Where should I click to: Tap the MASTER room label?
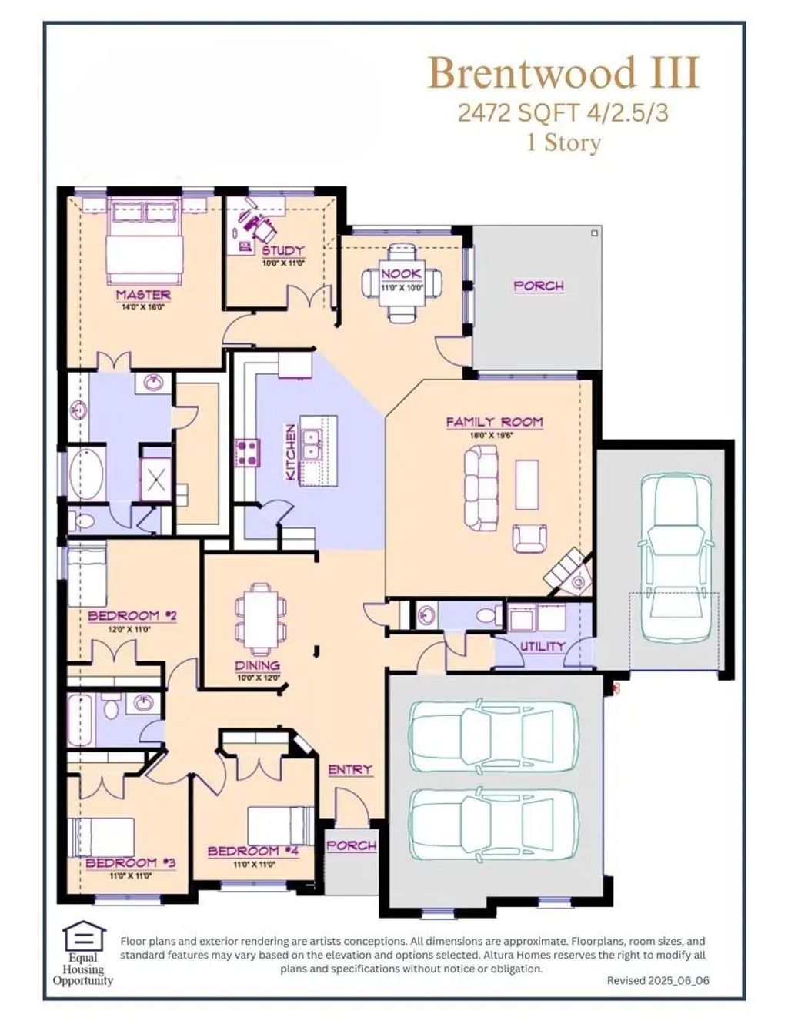(143, 295)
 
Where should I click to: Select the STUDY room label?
(282, 250)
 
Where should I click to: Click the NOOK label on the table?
(402, 273)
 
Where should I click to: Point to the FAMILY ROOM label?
(495, 422)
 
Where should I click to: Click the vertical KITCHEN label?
(291, 452)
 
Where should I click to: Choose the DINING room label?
(257, 664)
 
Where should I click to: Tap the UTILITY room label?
(542, 647)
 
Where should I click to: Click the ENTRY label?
(350, 770)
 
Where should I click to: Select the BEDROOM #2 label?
(132, 615)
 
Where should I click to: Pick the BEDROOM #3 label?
(131, 862)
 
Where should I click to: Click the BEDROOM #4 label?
(253, 851)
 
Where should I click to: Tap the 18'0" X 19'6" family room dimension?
(492, 435)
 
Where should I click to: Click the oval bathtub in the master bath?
(88, 474)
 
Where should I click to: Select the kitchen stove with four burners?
(248, 453)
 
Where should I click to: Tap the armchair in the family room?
(529, 538)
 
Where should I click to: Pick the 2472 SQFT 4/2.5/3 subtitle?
(563, 113)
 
